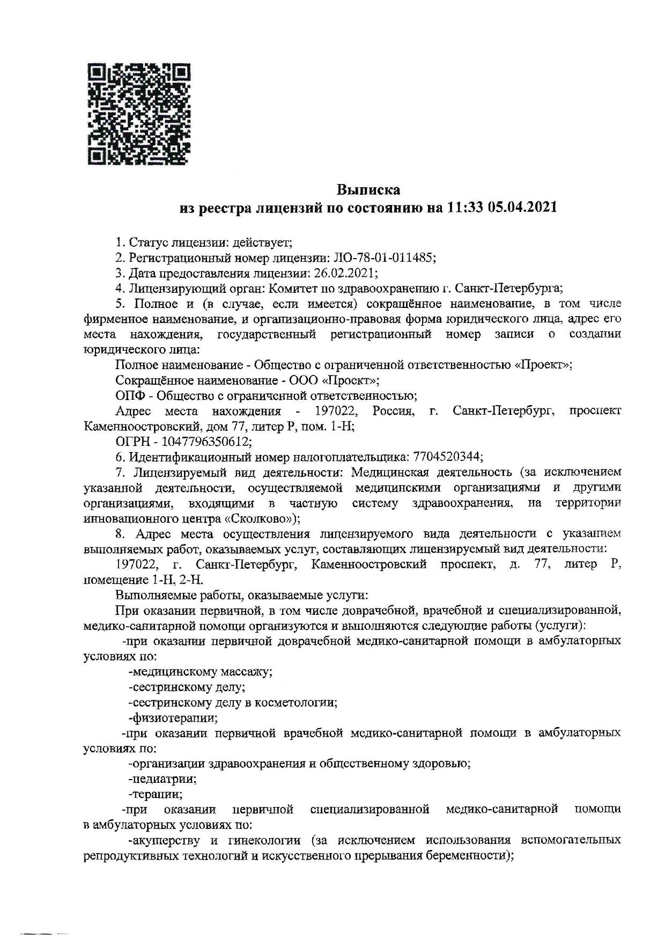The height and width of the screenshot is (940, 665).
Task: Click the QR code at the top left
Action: (x=138, y=114)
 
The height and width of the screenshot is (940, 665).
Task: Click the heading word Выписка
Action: (x=368, y=190)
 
